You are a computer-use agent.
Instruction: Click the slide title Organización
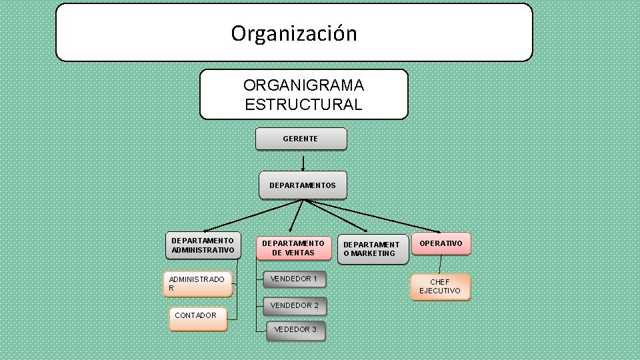pyautogui.click(x=294, y=33)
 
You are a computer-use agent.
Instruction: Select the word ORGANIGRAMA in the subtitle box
pyautogui.click(x=303, y=86)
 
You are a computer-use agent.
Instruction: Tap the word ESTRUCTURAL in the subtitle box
pyautogui.click(x=303, y=105)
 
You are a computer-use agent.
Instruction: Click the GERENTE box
pyautogui.click(x=301, y=139)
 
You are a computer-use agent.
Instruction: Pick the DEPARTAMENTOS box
pyautogui.click(x=303, y=185)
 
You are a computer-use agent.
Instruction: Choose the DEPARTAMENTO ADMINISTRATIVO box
pyautogui.click(x=203, y=245)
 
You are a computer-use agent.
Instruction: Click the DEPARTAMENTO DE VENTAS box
pyautogui.click(x=293, y=248)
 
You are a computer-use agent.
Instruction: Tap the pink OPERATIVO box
pyautogui.click(x=441, y=243)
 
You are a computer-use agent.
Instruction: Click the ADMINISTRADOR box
pyautogui.click(x=198, y=283)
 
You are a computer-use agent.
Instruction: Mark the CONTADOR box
pyautogui.click(x=197, y=317)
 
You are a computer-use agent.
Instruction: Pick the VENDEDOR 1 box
pyautogui.click(x=294, y=279)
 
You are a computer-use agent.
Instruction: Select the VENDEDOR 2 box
pyautogui.click(x=295, y=305)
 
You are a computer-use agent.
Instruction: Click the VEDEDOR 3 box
pyautogui.click(x=295, y=329)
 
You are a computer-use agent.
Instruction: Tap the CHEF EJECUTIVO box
pyautogui.click(x=440, y=287)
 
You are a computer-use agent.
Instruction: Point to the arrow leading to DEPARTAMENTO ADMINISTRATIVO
pyautogui.click(x=247, y=216)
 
